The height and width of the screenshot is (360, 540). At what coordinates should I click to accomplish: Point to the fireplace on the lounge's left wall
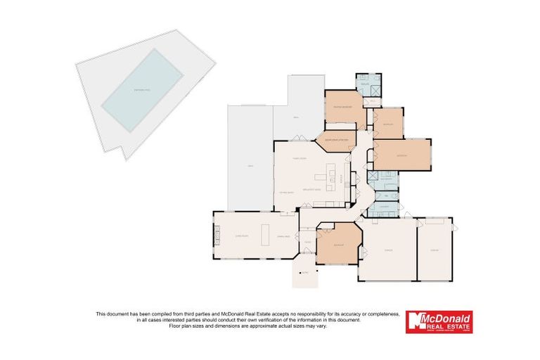[217, 233]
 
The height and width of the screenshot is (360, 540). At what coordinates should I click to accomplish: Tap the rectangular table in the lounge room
[265, 233]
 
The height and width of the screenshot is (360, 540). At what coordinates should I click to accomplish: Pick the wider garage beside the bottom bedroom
[387, 249]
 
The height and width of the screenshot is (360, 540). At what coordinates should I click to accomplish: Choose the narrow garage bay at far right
[435, 249]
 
